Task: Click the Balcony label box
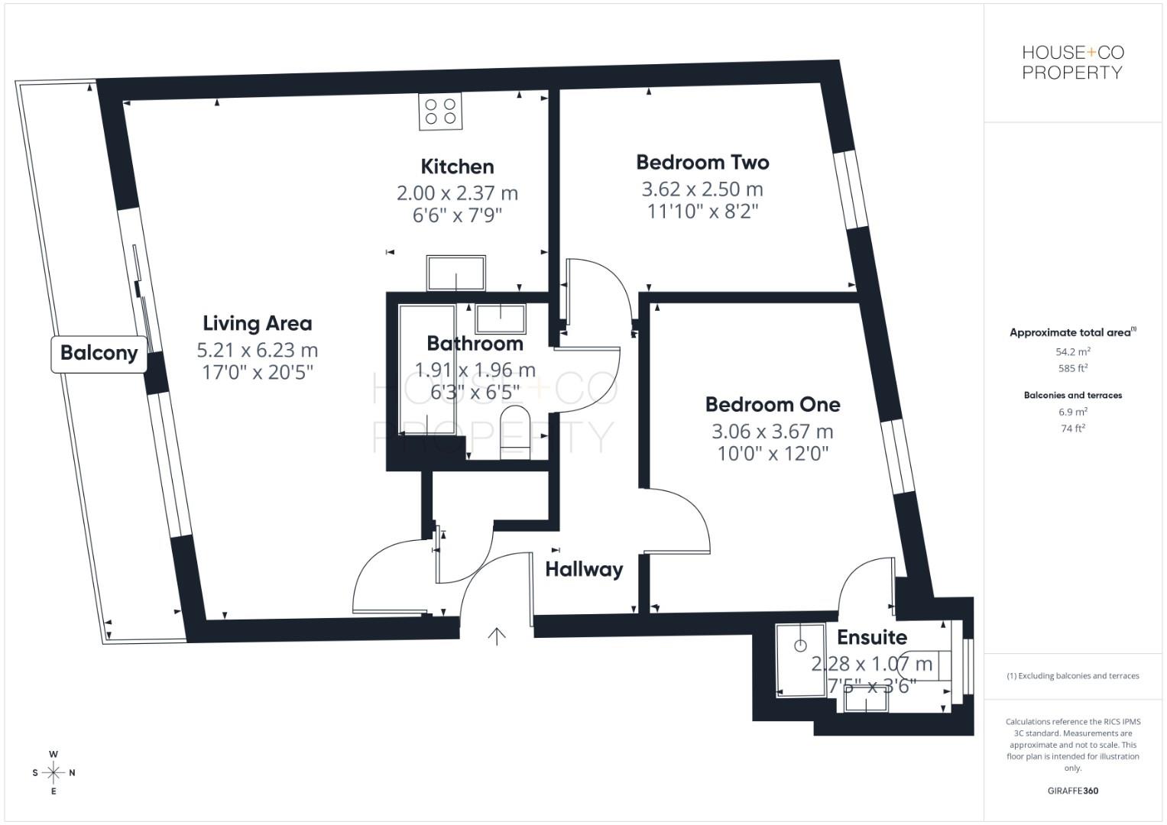99,354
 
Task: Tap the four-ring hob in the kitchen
441,112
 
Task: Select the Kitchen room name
457,167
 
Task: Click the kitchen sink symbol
456,273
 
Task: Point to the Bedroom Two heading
702,162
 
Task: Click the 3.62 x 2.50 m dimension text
702,189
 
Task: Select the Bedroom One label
772,404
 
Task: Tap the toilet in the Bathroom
514,433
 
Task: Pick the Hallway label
584,569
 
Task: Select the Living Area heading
257,323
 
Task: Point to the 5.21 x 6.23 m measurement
257,351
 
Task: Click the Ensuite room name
871,637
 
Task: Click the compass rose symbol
53,772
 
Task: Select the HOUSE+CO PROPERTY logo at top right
1072,63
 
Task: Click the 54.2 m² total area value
1072,352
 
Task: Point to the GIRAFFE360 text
1072,791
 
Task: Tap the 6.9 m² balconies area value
1072,412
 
